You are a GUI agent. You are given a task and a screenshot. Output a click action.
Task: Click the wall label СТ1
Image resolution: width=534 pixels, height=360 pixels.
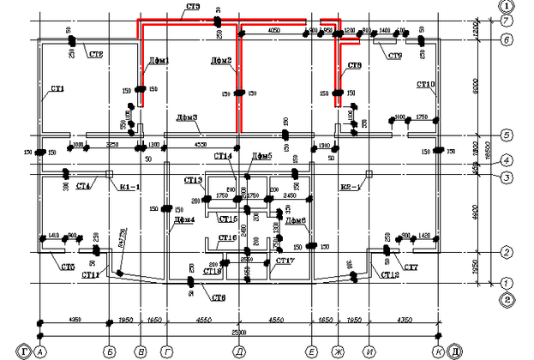(57, 88)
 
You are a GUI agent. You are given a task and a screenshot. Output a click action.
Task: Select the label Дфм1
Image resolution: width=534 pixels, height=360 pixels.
(159, 61)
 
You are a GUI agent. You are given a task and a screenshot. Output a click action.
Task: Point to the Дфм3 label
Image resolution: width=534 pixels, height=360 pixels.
(187, 117)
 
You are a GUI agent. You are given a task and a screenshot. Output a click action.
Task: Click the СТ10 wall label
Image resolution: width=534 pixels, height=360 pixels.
(426, 84)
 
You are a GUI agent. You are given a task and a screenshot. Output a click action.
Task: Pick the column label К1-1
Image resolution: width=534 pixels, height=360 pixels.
(129, 185)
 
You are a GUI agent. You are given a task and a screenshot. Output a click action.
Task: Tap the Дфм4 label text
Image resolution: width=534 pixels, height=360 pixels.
(184, 219)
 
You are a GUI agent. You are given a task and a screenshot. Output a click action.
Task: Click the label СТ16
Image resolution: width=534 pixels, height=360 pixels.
(227, 237)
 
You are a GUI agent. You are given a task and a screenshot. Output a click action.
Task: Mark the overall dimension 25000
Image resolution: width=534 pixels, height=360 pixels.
(238, 331)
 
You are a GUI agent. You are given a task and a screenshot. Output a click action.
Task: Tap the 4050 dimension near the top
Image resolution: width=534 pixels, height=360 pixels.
(274, 30)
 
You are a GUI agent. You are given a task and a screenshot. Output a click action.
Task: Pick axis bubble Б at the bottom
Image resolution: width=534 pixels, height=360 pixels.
(109, 351)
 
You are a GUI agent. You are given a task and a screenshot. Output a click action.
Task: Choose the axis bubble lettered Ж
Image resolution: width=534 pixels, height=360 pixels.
(338, 351)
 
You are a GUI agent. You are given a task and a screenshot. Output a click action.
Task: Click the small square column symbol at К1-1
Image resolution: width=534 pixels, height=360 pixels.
(109, 174)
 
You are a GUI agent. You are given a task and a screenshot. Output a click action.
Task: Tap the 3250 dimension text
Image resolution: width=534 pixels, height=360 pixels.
(111, 146)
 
